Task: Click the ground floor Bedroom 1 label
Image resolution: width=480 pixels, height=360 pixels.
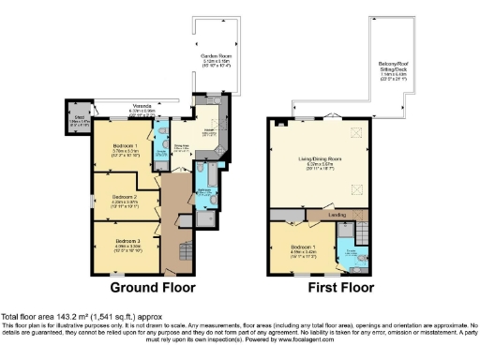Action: coord(126,148)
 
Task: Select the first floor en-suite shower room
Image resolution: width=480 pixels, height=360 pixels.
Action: coord(351,251)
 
